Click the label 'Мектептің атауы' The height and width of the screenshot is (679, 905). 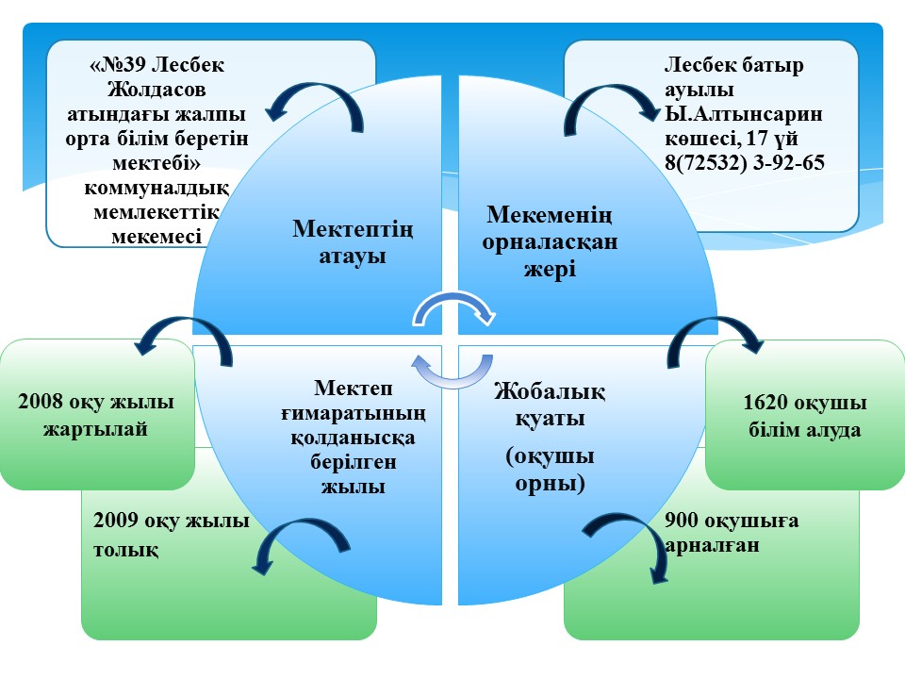coord(353,242)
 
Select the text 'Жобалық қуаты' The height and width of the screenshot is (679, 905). coord(550,404)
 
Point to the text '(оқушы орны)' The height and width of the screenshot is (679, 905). coord(550,470)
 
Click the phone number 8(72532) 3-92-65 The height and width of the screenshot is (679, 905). coord(745,162)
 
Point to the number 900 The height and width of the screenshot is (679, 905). coord(683,520)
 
